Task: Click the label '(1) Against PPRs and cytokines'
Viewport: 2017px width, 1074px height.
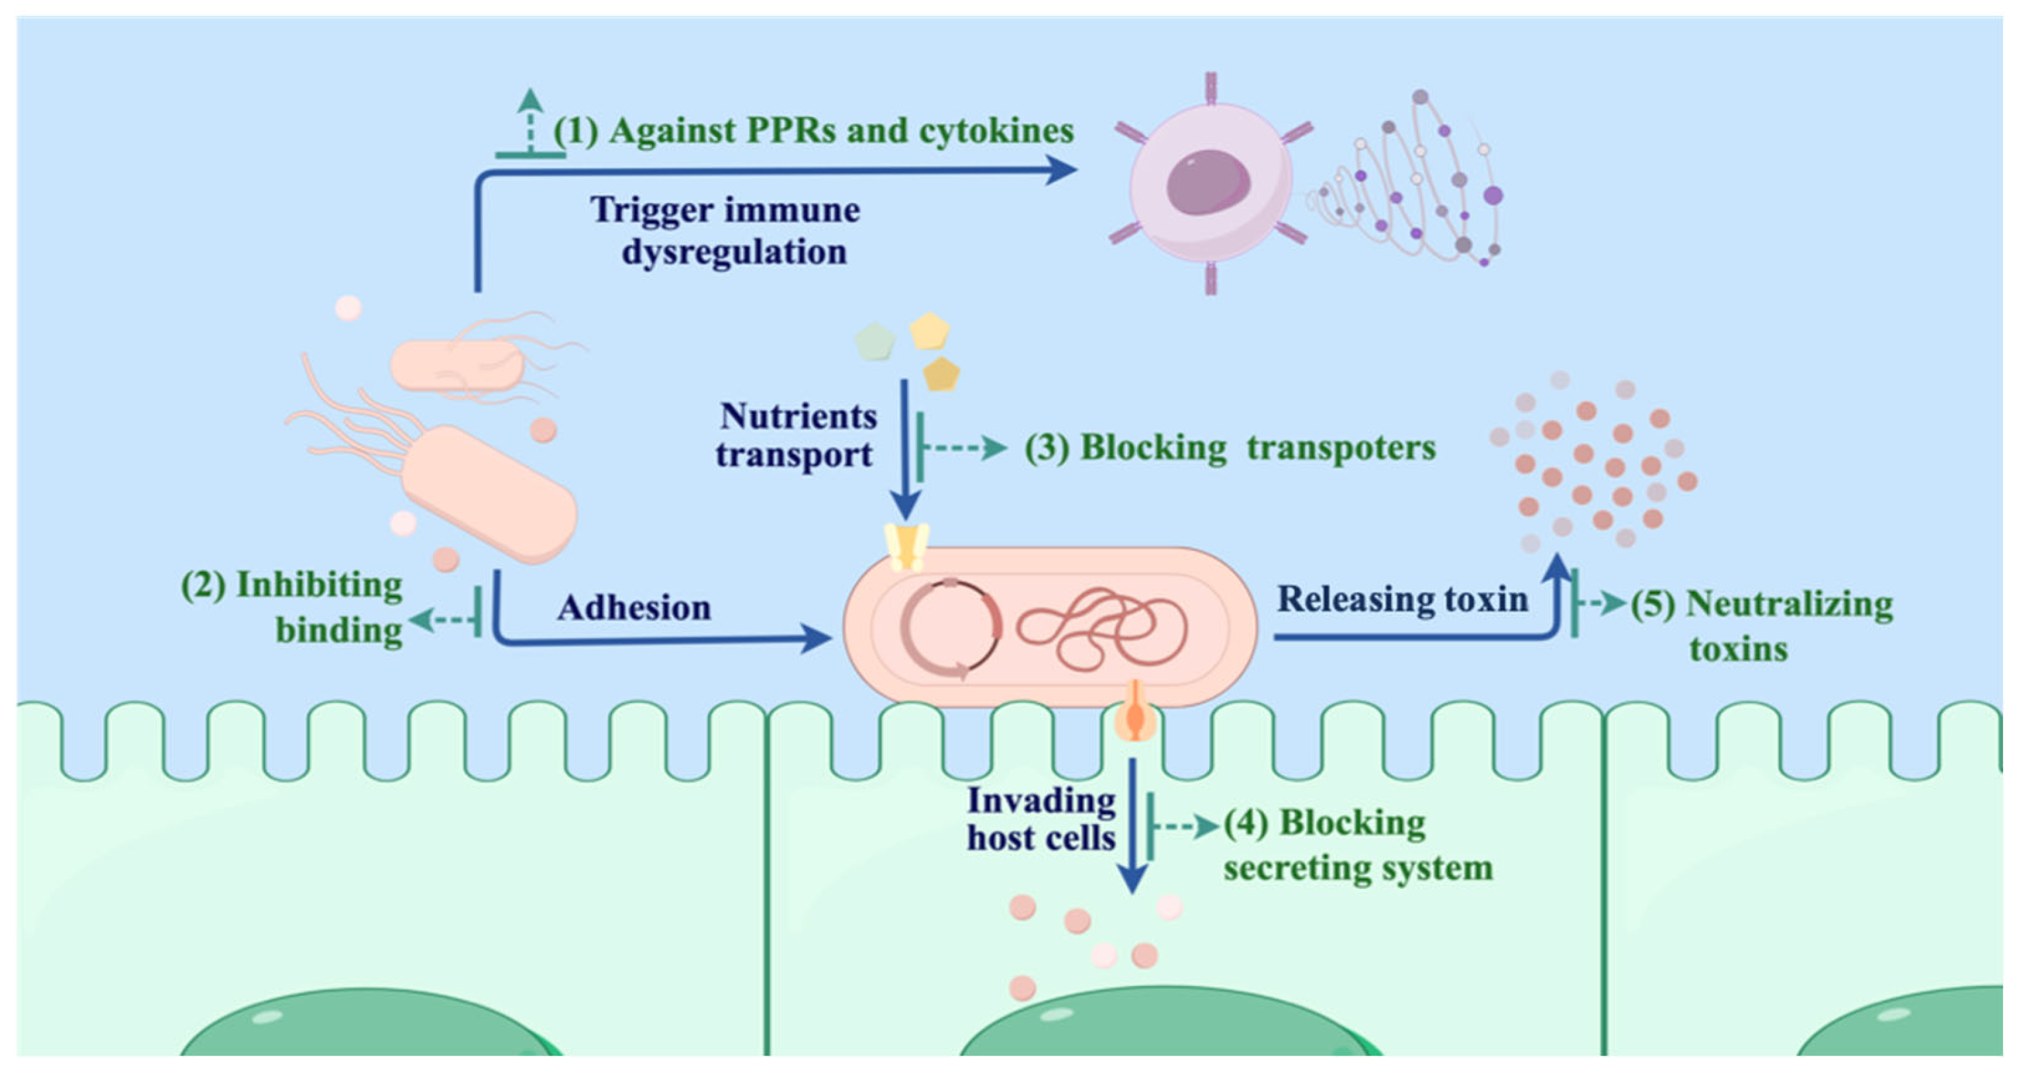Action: (814, 131)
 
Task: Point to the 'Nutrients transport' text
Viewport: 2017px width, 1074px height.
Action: (797, 434)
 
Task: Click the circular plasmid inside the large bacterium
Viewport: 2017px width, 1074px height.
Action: (950, 629)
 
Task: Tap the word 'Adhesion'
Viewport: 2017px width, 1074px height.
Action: (634, 608)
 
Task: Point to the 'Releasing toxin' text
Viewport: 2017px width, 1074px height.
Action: (1402, 599)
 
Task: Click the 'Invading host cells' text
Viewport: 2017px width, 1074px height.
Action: (1041, 819)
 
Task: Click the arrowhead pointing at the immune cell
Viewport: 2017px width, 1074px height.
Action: (1062, 169)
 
